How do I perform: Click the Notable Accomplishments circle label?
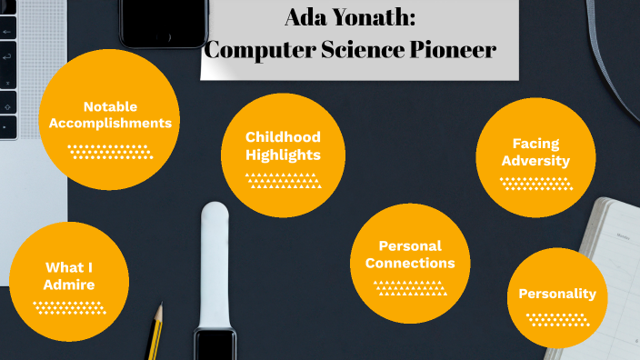(110, 114)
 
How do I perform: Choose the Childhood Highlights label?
(283, 145)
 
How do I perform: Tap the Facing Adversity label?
(535, 152)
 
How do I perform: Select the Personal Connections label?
(410, 255)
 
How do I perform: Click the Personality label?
(556, 294)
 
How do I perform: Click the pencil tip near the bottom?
(158, 313)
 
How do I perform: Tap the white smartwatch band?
(215, 264)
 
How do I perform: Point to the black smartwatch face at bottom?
(215, 345)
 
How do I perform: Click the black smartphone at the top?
(164, 23)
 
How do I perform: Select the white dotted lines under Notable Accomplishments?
(111, 151)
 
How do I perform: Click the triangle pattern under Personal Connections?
(410, 288)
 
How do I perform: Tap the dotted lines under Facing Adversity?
(536, 184)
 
